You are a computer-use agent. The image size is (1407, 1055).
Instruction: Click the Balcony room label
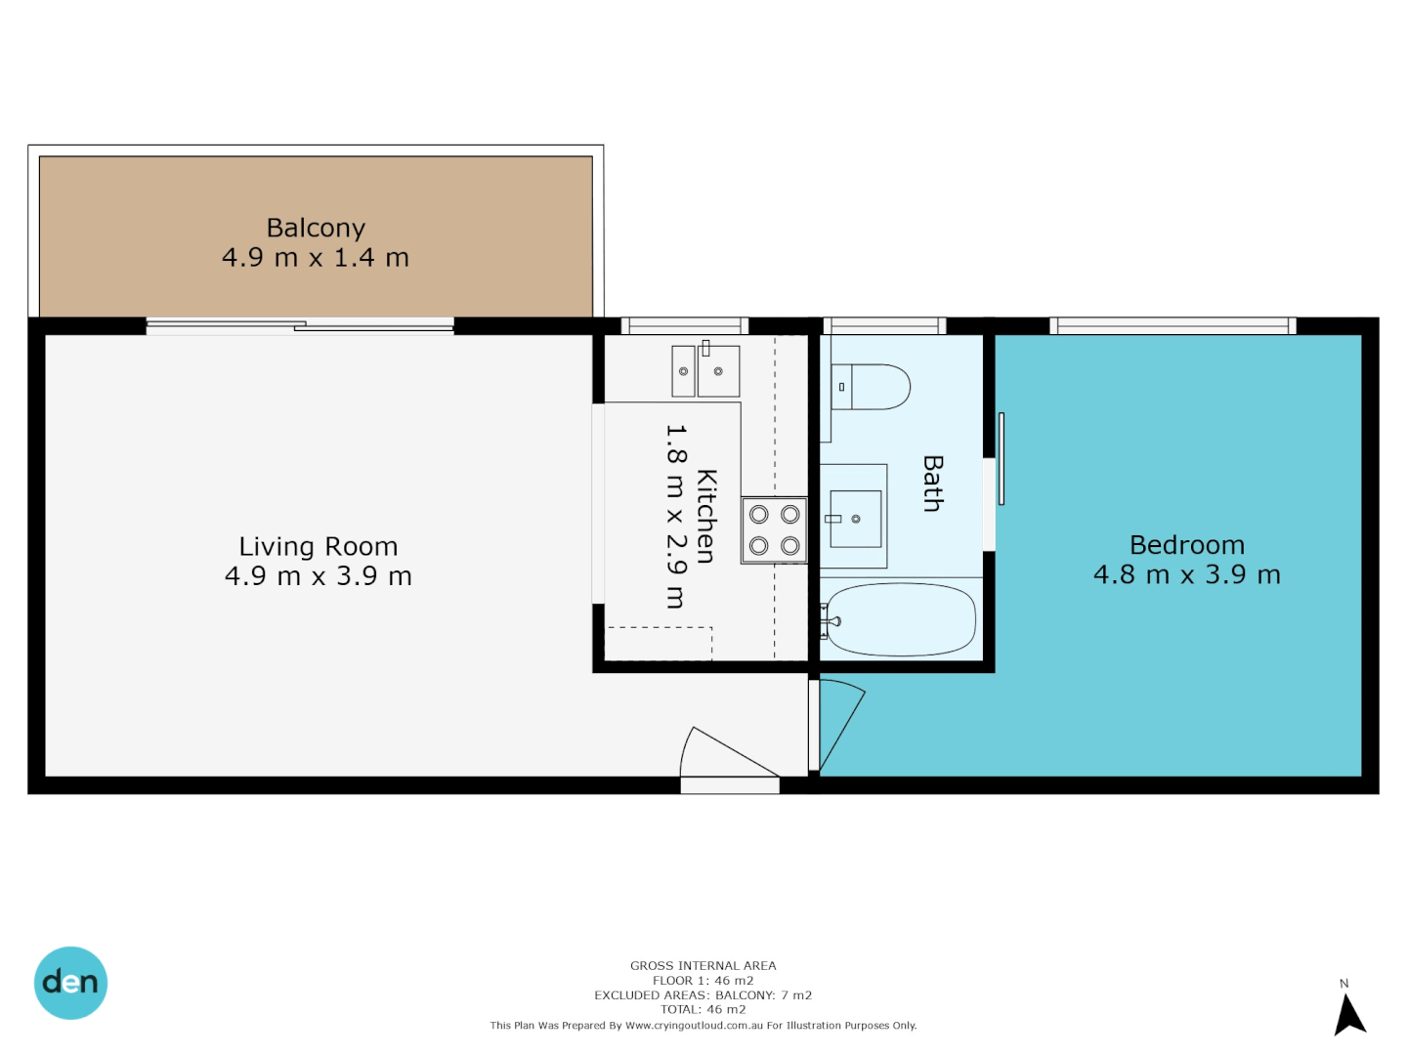[316, 228]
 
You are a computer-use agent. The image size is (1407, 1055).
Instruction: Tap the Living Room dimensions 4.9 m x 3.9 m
[319, 576]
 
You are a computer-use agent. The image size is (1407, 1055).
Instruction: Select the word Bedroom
[1186, 545]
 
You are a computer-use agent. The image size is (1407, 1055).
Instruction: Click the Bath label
[933, 484]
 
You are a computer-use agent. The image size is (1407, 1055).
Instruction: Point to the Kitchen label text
[705, 516]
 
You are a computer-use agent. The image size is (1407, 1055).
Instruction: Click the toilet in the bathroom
[871, 387]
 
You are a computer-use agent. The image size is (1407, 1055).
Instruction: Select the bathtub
[899, 620]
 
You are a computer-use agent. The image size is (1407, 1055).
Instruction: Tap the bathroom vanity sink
[855, 518]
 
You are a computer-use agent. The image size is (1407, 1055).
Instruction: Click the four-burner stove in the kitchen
[774, 529]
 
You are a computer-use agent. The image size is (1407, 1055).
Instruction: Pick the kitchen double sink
[705, 371]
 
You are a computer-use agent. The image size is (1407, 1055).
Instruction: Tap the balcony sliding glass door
[300, 326]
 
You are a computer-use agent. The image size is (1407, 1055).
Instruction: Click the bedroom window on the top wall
[1172, 325]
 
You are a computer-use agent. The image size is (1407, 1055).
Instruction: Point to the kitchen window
[685, 325]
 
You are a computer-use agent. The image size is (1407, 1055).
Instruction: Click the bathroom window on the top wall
[884, 325]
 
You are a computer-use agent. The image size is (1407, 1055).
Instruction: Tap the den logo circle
[71, 983]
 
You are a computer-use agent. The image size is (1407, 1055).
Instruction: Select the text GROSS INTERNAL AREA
[703, 965]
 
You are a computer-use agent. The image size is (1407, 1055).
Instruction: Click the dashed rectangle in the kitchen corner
[659, 643]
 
